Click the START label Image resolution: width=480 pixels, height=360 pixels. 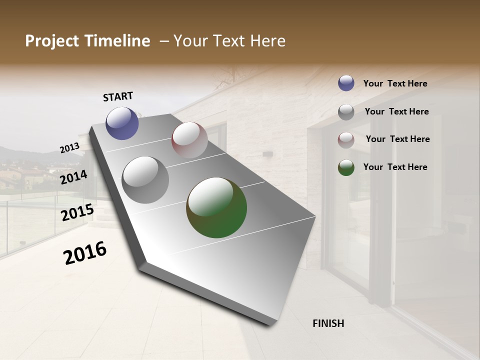point(118,96)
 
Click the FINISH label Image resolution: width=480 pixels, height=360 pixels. point(328,323)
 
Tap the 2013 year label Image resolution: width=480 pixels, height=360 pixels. point(69,147)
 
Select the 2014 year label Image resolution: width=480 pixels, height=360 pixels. point(73,177)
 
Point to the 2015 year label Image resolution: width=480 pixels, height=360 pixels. point(77,212)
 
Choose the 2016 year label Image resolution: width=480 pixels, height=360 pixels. point(85,252)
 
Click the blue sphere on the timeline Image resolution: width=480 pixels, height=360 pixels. point(122,123)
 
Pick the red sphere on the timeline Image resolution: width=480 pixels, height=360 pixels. point(189,140)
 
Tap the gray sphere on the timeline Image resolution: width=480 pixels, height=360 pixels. point(145,179)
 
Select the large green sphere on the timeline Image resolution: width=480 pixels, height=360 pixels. point(216,207)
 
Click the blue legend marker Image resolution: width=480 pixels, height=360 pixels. point(346,83)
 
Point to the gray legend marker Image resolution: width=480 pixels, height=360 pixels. point(346,112)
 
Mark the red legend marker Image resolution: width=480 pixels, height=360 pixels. point(346,140)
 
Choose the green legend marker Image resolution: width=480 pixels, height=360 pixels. point(346,167)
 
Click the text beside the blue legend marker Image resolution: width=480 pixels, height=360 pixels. point(395,83)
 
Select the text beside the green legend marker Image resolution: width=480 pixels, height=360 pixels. point(395,167)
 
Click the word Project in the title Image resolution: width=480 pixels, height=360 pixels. point(51,41)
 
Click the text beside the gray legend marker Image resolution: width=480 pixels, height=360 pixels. point(396,111)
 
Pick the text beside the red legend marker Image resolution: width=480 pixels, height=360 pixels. point(397,139)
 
